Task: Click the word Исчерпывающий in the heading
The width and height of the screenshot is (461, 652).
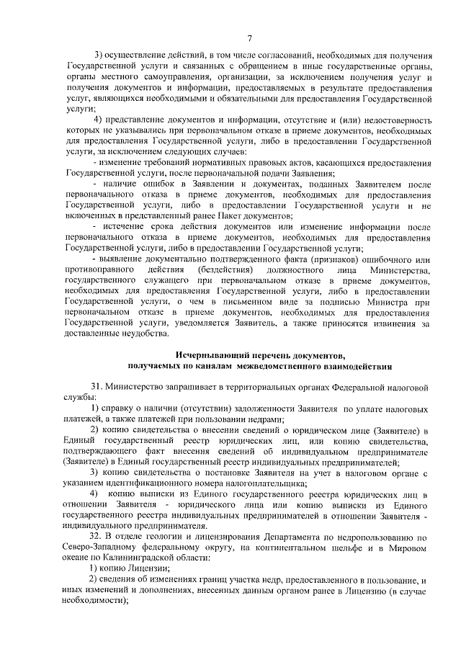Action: pyautogui.click(x=212, y=355)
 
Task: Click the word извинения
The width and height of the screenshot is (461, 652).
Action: pyautogui.click(x=391, y=323)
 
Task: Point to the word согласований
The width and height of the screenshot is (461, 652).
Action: pyautogui.click(x=278, y=55)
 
